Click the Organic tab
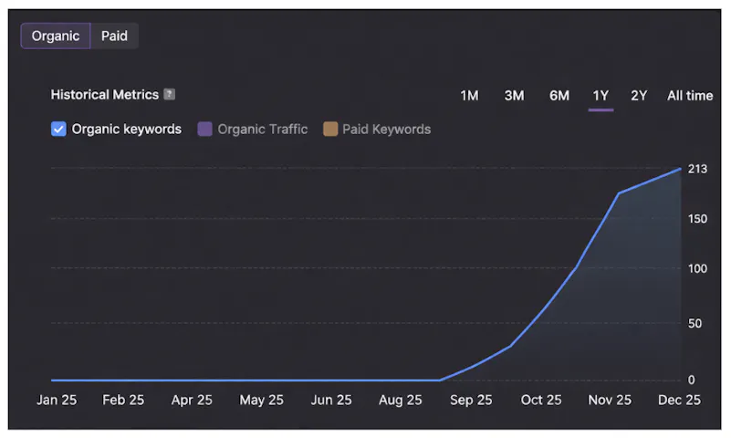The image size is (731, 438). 56,36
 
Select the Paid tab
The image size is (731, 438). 114,36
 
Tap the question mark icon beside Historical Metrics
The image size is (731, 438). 169,94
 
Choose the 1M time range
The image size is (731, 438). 469,96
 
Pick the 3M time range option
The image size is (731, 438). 514,96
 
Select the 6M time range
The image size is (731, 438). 559,96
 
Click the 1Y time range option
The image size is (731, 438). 600,96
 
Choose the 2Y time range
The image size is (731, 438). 639,96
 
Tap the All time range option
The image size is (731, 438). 690,96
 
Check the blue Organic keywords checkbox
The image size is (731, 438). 58,129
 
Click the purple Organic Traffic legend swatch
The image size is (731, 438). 204,129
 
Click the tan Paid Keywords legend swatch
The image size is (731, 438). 330,129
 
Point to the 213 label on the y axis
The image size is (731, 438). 697,169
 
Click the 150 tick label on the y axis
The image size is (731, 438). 697,218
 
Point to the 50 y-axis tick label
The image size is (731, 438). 694,323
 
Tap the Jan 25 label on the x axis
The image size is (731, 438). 57,400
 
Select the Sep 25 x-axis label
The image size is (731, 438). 471,400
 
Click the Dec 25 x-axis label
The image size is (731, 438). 679,400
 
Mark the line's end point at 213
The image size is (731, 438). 681,169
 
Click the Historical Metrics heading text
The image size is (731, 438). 105,95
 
